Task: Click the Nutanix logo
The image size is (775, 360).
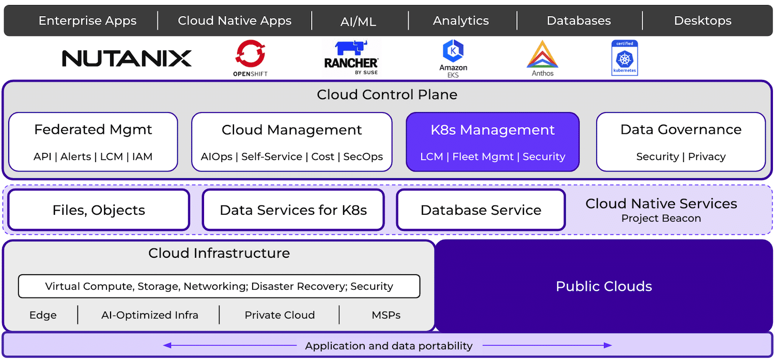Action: [x=127, y=58]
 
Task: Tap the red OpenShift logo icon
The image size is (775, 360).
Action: [x=250, y=54]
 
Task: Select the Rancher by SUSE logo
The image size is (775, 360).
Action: [x=351, y=57]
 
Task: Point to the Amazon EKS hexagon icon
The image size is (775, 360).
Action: [x=453, y=51]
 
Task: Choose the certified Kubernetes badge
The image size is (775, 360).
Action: [x=625, y=58]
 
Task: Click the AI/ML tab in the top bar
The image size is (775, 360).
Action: [x=358, y=22]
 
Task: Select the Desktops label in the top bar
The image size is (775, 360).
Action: [x=703, y=21]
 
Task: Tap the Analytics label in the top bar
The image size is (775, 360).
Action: [x=461, y=21]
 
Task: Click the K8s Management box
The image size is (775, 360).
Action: [x=493, y=142]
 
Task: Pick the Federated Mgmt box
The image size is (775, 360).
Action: [x=93, y=142]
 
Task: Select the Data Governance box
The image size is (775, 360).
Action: [x=681, y=142]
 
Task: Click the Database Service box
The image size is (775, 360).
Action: [x=481, y=210]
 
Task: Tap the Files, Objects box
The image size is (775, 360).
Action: [x=99, y=210]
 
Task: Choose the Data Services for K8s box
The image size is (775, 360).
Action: [x=293, y=210]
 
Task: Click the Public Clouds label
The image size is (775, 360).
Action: [x=604, y=286]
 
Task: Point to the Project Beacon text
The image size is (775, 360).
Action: [x=661, y=218]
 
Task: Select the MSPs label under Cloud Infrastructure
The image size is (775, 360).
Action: [x=386, y=315]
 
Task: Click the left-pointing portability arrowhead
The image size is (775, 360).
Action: [x=167, y=345]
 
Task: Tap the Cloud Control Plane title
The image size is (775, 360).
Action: [x=387, y=95]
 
